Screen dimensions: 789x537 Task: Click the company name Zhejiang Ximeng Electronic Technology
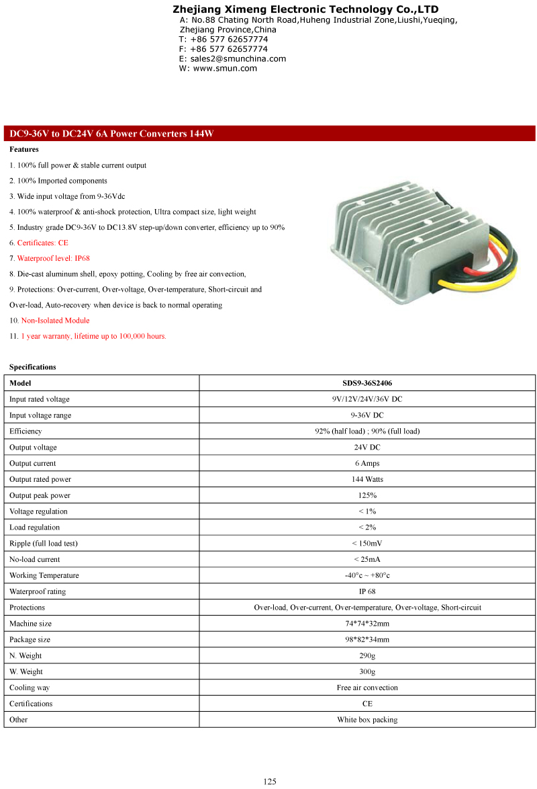(x=305, y=9)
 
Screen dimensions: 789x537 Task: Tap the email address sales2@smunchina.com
(x=238, y=58)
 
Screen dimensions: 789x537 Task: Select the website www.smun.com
(x=225, y=68)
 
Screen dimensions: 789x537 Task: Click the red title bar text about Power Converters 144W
(x=111, y=134)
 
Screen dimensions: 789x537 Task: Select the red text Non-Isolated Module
(x=55, y=321)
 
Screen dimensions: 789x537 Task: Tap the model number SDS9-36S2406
(x=367, y=383)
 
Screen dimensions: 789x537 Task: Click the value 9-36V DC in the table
(x=367, y=415)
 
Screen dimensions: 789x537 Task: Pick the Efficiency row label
(x=26, y=431)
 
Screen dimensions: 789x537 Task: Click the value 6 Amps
(x=367, y=464)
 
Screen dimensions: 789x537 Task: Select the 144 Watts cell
(x=367, y=480)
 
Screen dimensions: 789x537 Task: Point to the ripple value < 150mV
(x=367, y=544)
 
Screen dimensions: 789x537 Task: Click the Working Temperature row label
(x=44, y=576)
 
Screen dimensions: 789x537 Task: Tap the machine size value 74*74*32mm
(x=367, y=624)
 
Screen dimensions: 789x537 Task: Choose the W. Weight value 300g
(x=367, y=672)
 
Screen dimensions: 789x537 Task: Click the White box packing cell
(x=367, y=720)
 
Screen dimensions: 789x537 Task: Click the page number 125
(x=269, y=782)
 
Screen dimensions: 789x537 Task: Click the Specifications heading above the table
(x=33, y=367)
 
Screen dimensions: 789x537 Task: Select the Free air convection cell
(x=367, y=688)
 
